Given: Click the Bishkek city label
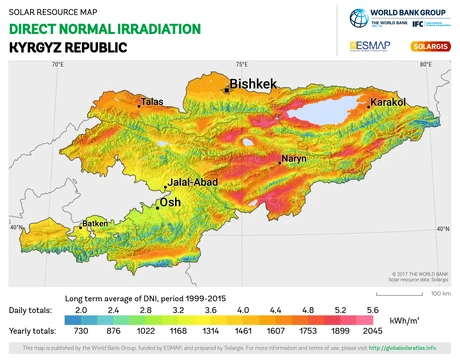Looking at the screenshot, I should point(252,85).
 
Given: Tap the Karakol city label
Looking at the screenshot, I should point(388,103).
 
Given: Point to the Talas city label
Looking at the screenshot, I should point(153,102).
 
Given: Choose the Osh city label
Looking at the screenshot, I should point(171,203).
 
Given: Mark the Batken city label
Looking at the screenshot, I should point(95,223).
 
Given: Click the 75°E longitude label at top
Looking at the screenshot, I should point(242,64).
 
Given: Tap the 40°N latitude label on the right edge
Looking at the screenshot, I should point(442,229).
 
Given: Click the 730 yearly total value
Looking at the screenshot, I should point(82,331).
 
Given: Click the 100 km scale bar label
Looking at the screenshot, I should point(440,294).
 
